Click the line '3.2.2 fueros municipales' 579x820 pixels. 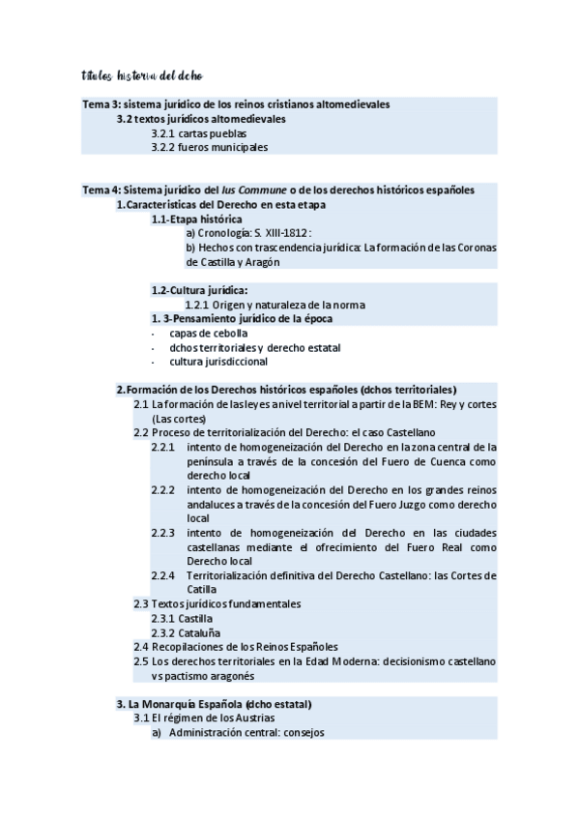point(210,147)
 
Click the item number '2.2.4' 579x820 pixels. point(163,574)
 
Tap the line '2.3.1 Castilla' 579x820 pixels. point(182,617)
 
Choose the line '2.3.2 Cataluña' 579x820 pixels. point(185,631)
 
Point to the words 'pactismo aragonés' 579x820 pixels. point(209,675)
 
